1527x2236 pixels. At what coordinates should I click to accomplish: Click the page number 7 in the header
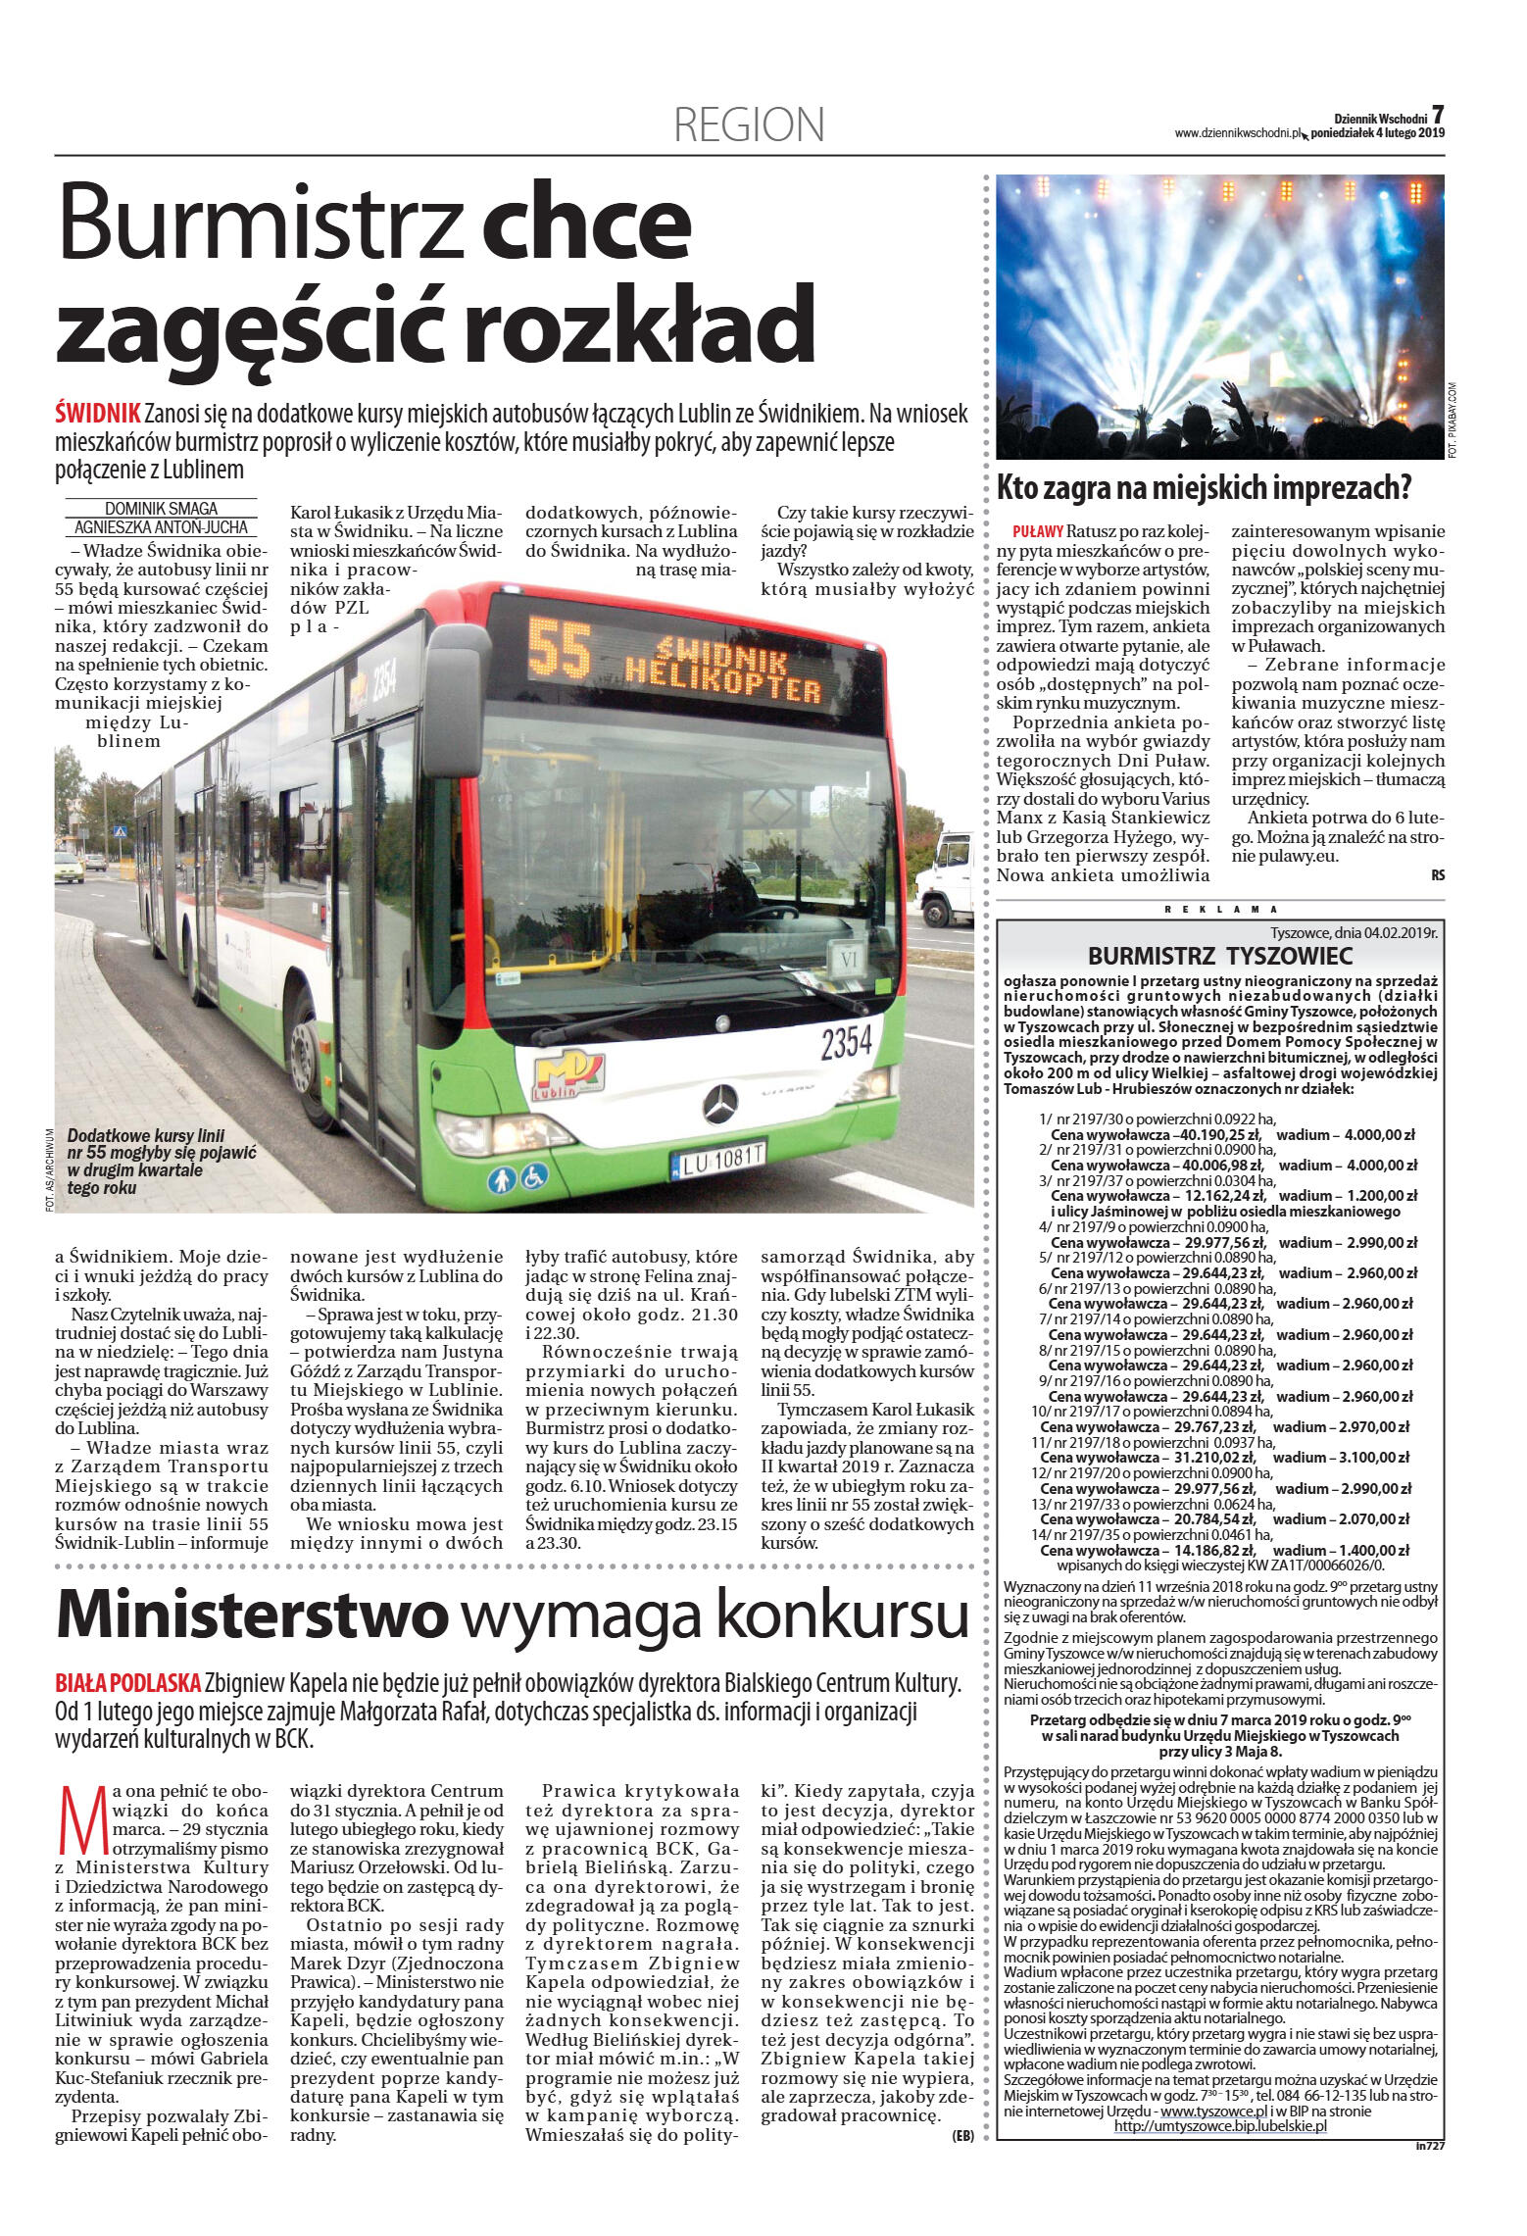1438,116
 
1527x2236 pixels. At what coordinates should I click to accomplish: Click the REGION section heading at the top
749,125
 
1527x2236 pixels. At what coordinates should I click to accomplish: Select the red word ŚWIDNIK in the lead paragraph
98,414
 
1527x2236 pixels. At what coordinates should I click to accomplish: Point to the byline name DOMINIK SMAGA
161,508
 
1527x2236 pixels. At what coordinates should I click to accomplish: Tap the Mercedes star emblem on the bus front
720,1105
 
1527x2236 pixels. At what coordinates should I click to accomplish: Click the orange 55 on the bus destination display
560,648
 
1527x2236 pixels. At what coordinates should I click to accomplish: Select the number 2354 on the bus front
846,1043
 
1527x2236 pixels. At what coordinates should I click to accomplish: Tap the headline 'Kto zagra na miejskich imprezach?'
1204,487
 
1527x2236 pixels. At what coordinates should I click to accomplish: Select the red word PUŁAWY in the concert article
1038,531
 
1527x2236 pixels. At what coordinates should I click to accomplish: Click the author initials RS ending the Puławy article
1437,875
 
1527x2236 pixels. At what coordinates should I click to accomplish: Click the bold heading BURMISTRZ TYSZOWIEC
1219,957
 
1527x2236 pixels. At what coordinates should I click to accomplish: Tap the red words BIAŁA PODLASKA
128,1683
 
